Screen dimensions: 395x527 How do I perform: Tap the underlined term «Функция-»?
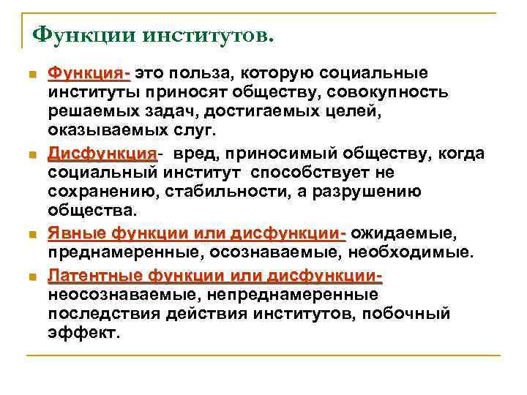pos(89,74)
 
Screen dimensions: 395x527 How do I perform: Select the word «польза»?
pos(212,74)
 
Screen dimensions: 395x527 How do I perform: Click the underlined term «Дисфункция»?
pos(102,154)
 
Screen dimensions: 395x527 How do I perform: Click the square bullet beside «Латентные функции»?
pos(29,276)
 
